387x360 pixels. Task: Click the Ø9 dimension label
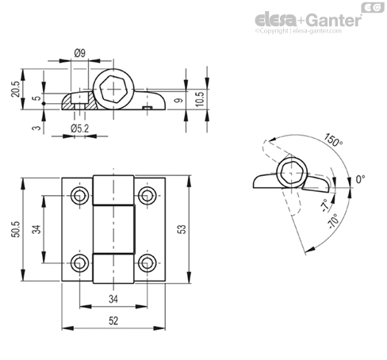[x=80, y=53]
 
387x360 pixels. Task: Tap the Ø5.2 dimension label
[x=80, y=128]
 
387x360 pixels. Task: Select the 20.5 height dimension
[x=16, y=89]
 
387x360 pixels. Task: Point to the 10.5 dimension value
[x=200, y=99]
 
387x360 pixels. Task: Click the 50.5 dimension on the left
[x=16, y=229]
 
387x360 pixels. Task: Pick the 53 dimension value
[x=182, y=229]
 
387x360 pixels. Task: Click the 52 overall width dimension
[x=113, y=321]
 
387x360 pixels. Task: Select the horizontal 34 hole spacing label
[x=113, y=299]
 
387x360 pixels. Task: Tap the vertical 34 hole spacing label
[x=37, y=229]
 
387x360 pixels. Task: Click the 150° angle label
[x=333, y=140]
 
